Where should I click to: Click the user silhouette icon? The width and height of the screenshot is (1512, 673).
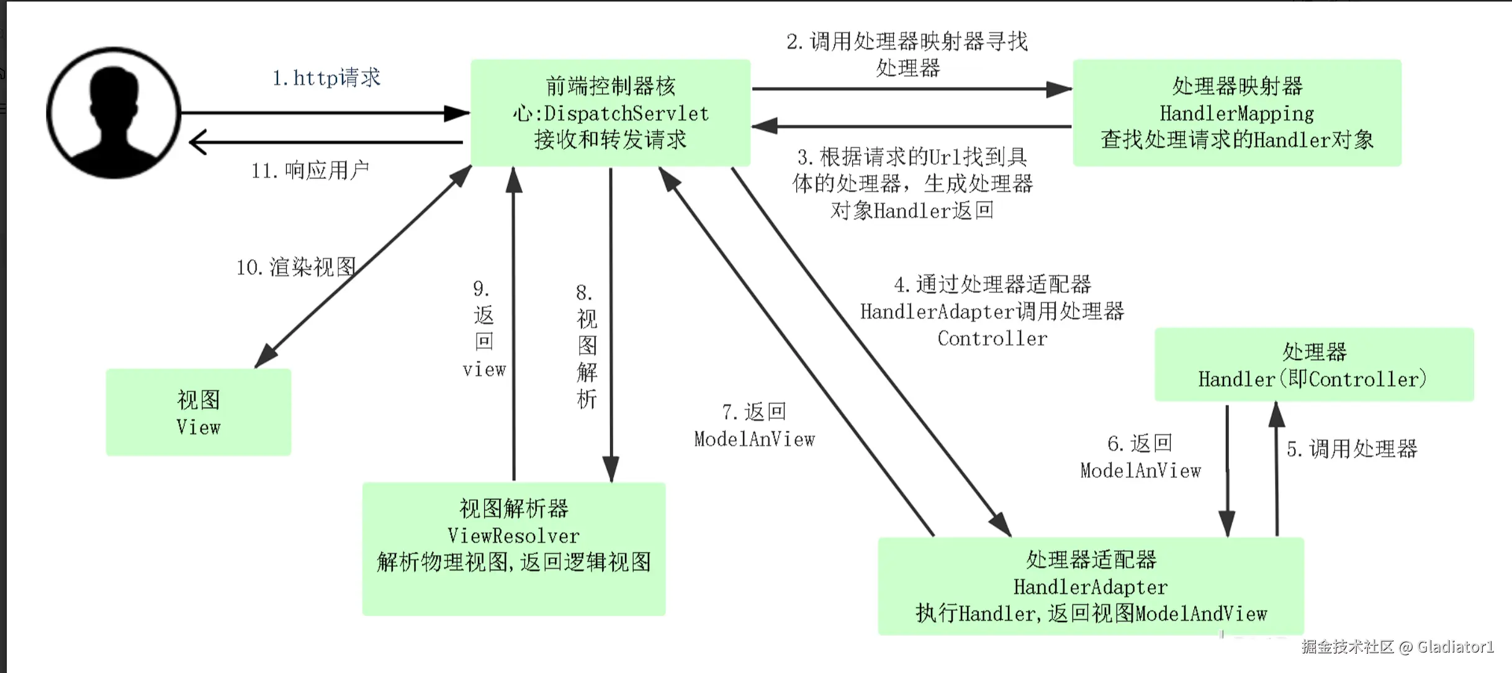114,113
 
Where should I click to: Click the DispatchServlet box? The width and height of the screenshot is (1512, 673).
611,112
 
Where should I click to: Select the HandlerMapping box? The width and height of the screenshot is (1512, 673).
1237,112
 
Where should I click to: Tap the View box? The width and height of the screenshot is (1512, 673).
199,412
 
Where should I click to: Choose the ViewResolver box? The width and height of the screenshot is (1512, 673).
514,549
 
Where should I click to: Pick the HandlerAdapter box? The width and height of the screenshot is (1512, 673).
1091,586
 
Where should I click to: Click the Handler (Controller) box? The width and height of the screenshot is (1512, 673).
1314,364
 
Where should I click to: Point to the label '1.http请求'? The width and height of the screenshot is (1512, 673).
326,78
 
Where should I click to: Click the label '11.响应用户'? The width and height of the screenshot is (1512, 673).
310,170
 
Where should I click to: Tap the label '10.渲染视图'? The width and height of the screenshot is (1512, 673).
296,267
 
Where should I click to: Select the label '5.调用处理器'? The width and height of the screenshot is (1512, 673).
1352,448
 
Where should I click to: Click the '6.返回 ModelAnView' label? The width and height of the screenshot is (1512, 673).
1141,457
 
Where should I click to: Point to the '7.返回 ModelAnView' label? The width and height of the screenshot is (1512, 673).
755,425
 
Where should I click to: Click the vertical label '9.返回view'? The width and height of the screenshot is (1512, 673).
484,329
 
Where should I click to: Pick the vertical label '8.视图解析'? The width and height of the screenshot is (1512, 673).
587,346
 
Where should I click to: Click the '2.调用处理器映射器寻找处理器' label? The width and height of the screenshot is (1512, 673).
907,55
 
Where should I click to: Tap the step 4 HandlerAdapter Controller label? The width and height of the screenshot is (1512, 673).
992,311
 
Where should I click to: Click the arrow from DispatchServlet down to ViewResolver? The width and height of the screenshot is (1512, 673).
611,325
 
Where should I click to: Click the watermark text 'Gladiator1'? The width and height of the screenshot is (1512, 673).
1456,647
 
